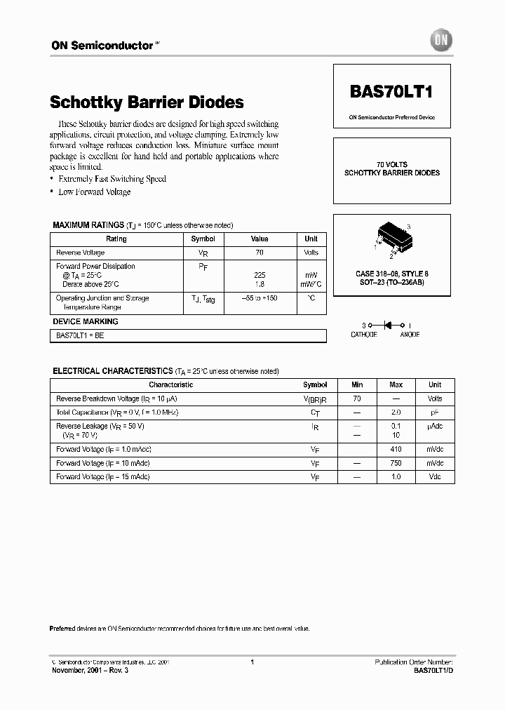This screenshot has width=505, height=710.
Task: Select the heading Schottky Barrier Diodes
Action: (x=147, y=102)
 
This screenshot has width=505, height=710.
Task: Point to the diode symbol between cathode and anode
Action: (x=387, y=326)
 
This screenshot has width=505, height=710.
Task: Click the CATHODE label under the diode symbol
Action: (x=364, y=335)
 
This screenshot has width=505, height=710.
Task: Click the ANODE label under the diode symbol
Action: (x=410, y=335)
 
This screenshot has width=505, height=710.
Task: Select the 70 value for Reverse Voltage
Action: (x=260, y=253)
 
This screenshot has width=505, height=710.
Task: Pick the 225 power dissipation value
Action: (x=260, y=276)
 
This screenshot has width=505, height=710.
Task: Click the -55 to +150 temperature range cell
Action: (x=260, y=298)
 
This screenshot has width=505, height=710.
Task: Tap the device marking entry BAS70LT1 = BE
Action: (x=80, y=336)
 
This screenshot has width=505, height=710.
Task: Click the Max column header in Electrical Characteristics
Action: (x=396, y=384)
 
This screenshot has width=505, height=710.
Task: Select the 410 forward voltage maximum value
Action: (x=396, y=449)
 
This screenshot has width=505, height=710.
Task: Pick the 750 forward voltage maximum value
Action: (x=396, y=463)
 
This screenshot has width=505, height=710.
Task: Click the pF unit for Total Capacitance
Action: (x=435, y=413)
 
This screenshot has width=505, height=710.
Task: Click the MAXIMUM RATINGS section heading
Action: (x=88, y=225)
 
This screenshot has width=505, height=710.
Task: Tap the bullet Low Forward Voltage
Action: (x=94, y=192)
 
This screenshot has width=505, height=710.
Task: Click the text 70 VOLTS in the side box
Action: (x=392, y=163)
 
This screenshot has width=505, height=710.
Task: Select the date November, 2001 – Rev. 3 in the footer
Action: (x=90, y=670)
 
